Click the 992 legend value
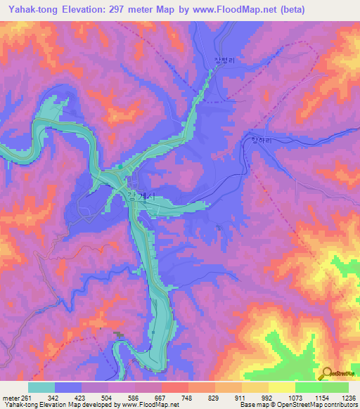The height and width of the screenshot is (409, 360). (x=269, y=397)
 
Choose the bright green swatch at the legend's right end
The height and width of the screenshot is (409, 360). (x=335, y=387)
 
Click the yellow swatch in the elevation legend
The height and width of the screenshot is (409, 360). (x=281, y=387)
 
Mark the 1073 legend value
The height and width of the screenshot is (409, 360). (x=295, y=397)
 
